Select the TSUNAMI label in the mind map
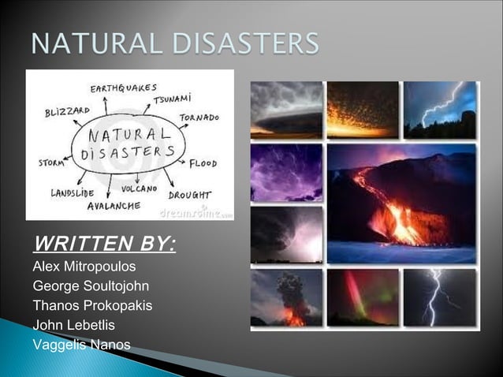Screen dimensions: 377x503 173,101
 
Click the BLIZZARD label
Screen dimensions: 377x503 66,111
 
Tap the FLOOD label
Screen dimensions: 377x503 207,163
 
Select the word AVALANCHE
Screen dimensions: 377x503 114,205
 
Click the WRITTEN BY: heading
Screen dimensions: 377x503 104,240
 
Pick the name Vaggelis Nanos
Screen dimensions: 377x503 81,345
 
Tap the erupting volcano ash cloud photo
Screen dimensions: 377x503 286,298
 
